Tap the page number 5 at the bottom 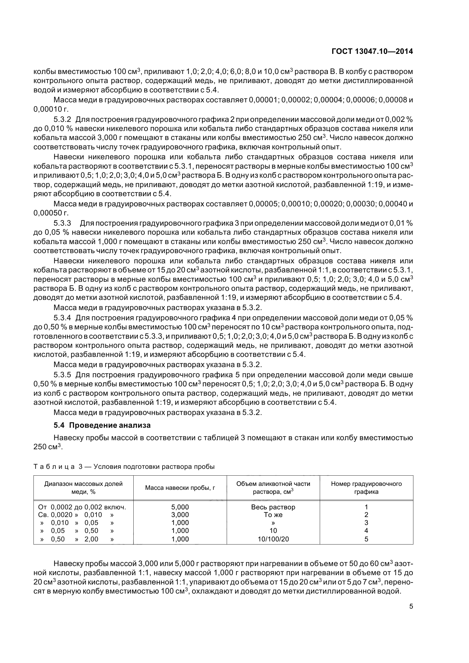pyautogui.click(x=411, y=606)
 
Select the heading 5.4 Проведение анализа pyautogui.click(x=102, y=425)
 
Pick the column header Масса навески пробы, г pyautogui.click(x=180, y=488)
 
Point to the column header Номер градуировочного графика pyautogui.click(x=366, y=488)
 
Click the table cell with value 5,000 pyautogui.click(x=180, y=507)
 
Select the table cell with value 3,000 pyautogui.click(x=180, y=515)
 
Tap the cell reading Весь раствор pyautogui.click(x=273, y=507)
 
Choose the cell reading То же pyautogui.click(x=273, y=515)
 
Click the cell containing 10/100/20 pyautogui.click(x=273, y=539)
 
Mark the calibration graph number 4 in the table pyautogui.click(x=366, y=531)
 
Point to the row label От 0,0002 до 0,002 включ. pyautogui.click(x=82, y=507)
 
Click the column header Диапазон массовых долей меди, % pyautogui.click(x=83, y=488)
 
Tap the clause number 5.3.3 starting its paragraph pyautogui.click(x=62, y=223)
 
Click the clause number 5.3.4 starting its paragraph pyautogui.click(x=62, y=318)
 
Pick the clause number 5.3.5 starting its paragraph pyautogui.click(x=62, y=375)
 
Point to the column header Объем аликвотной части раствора pyautogui.click(x=273, y=488)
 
